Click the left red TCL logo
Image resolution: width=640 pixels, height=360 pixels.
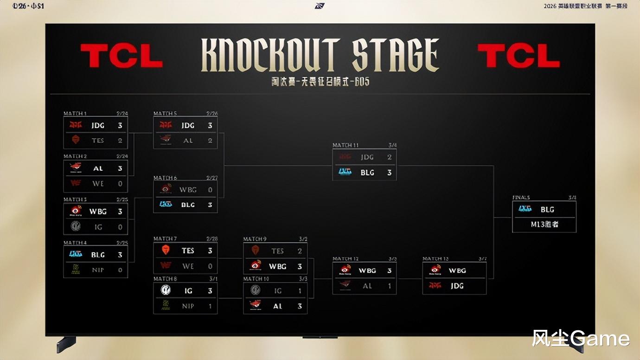click(x=122, y=56)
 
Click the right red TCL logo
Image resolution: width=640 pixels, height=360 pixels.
click(x=518, y=56)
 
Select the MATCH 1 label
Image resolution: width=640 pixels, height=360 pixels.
click(x=75, y=114)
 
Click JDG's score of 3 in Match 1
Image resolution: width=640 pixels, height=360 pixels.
click(x=120, y=125)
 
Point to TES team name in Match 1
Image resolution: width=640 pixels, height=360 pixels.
click(x=98, y=140)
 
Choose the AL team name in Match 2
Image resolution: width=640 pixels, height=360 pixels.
click(x=98, y=168)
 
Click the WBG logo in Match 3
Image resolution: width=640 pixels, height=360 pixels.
click(x=76, y=211)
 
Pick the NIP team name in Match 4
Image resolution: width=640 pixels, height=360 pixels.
click(x=98, y=270)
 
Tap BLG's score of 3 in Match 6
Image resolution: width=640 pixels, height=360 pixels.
click(x=210, y=205)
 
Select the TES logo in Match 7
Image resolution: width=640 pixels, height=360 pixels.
click(x=166, y=251)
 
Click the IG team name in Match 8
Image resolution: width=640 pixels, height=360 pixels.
click(x=188, y=290)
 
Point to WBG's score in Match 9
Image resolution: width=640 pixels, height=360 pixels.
click(x=300, y=266)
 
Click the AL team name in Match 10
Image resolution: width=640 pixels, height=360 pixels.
click(x=277, y=306)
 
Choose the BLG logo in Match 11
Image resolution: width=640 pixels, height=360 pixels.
click(x=345, y=172)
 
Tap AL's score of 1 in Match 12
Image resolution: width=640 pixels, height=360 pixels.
click(x=390, y=286)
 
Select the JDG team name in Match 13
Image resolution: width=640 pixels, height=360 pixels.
click(x=457, y=286)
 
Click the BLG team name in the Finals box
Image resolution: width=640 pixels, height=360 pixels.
click(x=547, y=209)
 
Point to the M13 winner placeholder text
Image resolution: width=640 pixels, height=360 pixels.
click(x=544, y=225)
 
